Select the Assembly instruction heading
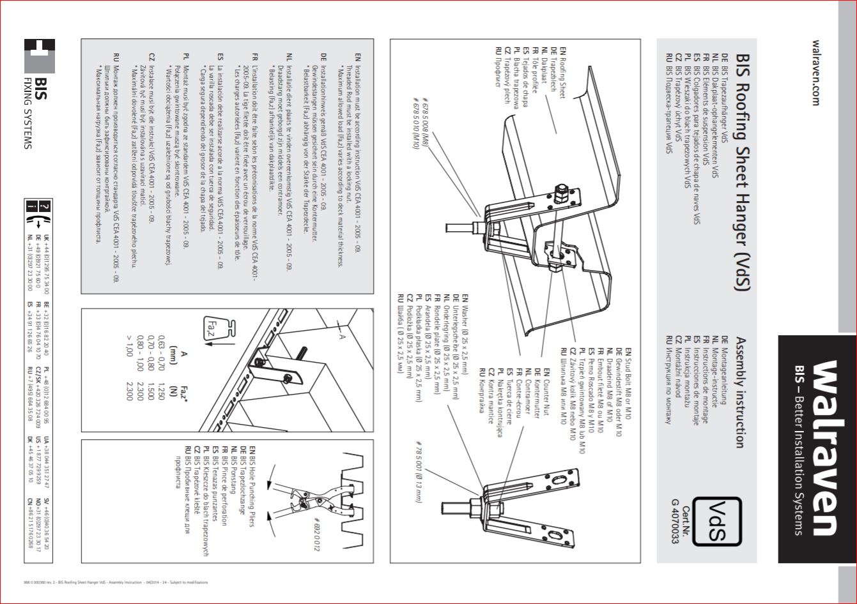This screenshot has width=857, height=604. pyautogui.click(x=740, y=392)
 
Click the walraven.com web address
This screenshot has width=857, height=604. pyautogui.click(x=815, y=73)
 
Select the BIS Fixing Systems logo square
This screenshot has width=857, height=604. pyautogui.click(x=40, y=56)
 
